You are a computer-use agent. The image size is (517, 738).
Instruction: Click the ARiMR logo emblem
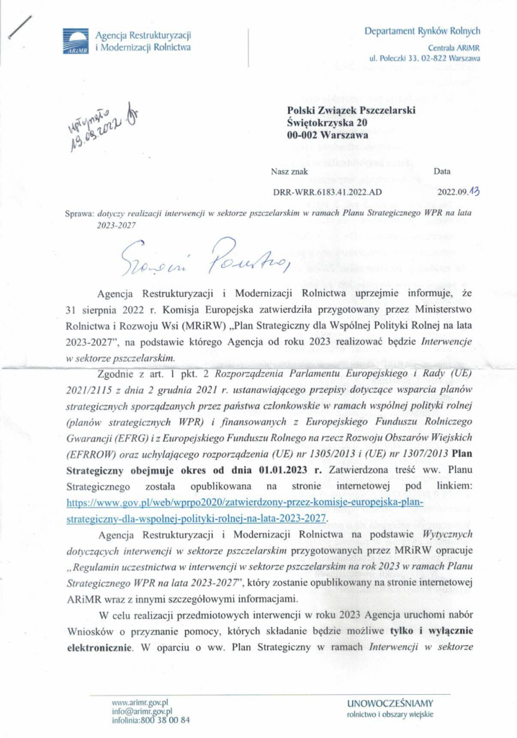click(75, 42)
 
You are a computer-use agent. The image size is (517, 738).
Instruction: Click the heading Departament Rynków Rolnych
click(422, 31)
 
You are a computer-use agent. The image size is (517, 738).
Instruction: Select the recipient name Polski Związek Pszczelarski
click(351, 109)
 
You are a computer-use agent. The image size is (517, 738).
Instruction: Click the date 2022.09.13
click(458, 192)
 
